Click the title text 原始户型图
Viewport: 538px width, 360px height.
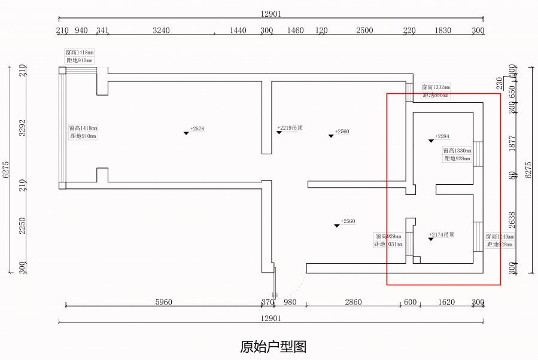273,346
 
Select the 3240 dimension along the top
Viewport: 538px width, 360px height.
161,30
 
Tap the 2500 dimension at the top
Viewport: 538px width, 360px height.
364,30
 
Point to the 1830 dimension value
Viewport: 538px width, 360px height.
443,30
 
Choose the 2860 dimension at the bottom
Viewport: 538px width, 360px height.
353,302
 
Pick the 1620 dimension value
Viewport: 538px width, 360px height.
446,302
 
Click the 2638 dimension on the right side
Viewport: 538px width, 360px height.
512,220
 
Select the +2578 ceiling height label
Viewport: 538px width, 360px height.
197,129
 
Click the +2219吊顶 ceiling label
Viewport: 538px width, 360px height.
290,127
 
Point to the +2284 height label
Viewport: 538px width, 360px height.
442,136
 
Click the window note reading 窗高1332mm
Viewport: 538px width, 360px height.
436,87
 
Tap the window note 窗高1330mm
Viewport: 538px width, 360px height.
457,151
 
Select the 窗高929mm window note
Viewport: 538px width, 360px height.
388,236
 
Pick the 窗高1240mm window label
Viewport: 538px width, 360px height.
500,237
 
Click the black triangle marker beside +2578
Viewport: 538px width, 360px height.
186,133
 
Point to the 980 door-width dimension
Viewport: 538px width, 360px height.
290,302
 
